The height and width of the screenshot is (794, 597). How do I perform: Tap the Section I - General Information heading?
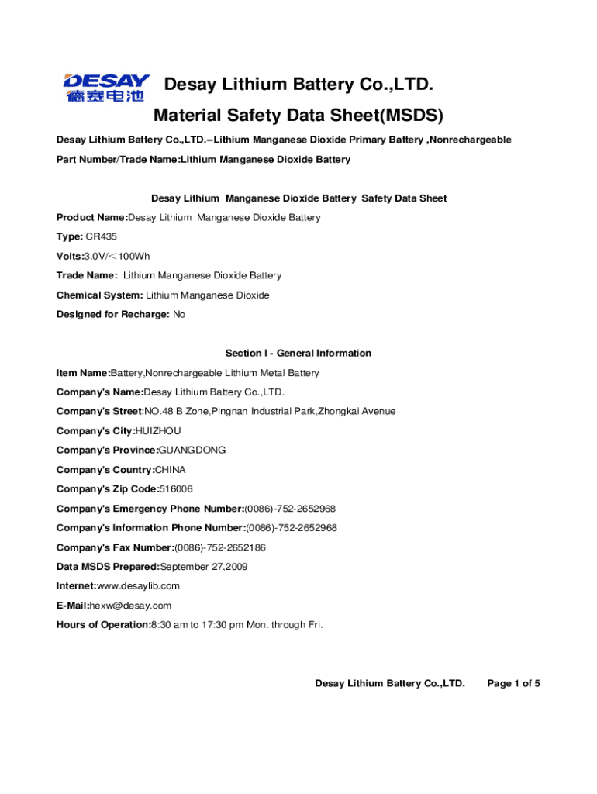click(x=298, y=353)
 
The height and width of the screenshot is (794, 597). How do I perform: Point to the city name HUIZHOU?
click(x=158, y=430)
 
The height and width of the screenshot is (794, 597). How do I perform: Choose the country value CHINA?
click(x=171, y=469)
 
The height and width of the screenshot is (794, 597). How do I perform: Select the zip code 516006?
click(x=176, y=488)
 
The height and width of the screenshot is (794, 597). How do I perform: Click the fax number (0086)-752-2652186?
click(x=220, y=547)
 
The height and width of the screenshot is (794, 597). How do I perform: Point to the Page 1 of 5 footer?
click(x=512, y=683)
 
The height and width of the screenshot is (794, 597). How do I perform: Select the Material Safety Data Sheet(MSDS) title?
click(x=298, y=116)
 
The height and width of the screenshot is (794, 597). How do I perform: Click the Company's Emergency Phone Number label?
click(x=150, y=509)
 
